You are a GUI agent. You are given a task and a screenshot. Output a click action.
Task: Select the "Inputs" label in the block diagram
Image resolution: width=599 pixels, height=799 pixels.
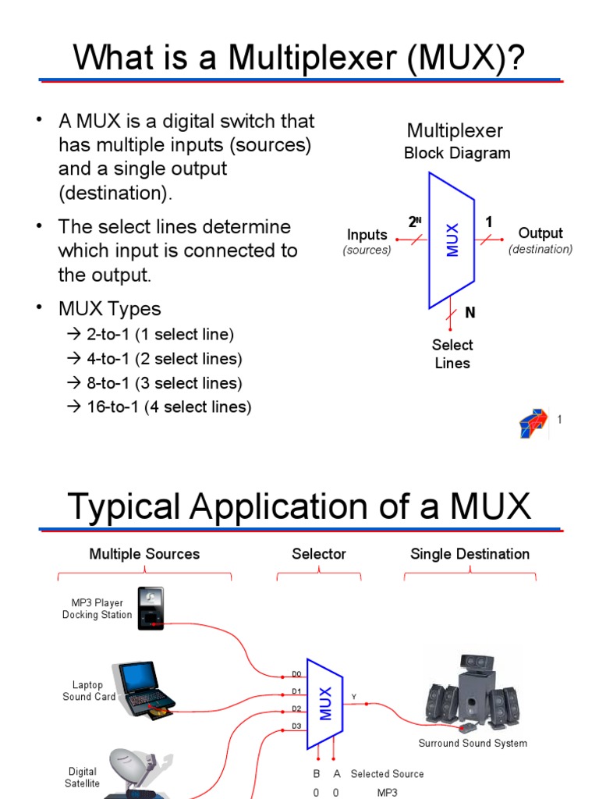[x=367, y=234]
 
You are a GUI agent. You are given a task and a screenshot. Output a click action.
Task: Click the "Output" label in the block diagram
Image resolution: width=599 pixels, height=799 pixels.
[x=541, y=233]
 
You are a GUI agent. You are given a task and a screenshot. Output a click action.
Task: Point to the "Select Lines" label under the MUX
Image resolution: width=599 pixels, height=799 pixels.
[x=452, y=353]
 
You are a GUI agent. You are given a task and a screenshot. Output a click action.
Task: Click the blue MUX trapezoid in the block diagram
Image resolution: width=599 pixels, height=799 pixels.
[x=452, y=240]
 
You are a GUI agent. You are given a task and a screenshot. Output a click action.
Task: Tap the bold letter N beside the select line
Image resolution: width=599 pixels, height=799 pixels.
[x=470, y=313]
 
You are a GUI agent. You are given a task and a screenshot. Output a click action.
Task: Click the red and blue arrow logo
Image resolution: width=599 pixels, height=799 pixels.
[x=534, y=423]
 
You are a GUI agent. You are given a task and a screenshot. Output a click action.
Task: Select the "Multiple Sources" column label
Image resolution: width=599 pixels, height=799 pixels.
[x=144, y=554]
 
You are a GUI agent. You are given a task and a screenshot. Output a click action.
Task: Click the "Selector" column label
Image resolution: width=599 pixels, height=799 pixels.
[x=318, y=554]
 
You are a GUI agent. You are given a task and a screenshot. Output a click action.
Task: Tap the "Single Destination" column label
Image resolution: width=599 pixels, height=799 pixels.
[x=470, y=554]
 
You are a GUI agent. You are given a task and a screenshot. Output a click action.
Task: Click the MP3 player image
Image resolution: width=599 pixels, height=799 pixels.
[x=151, y=608]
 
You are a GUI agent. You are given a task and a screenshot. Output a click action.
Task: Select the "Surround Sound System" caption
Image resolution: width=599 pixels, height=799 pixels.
[x=473, y=744]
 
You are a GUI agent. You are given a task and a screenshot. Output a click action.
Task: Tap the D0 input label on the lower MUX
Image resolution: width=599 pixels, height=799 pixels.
[x=296, y=673]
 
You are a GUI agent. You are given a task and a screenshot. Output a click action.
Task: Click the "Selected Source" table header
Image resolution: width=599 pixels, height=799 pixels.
[x=387, y=774]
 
